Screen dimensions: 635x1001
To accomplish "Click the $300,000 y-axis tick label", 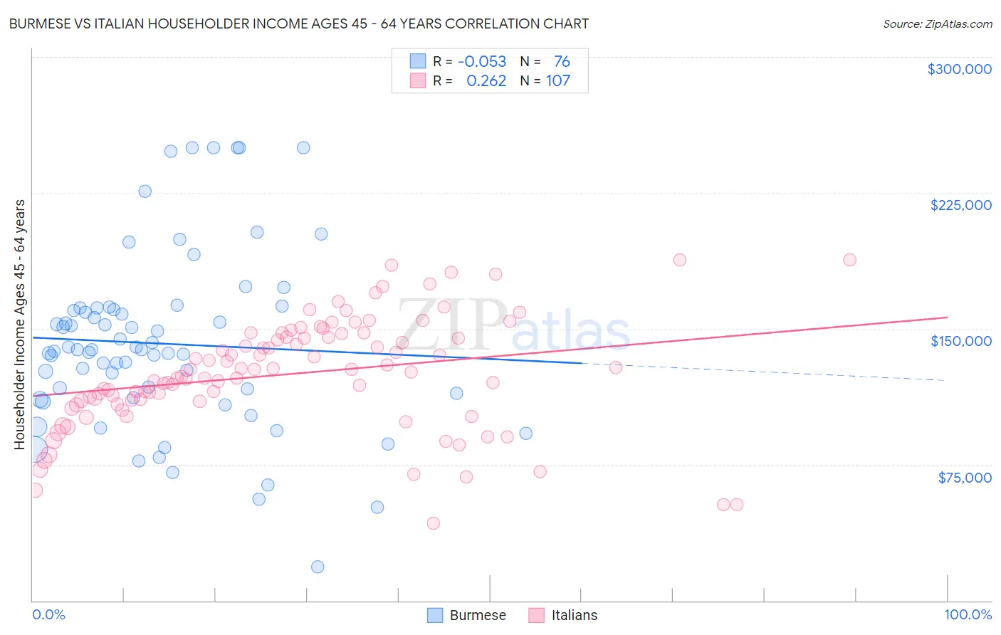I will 959,69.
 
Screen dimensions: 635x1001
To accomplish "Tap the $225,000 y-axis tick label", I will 960,205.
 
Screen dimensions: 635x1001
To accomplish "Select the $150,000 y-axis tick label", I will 960,341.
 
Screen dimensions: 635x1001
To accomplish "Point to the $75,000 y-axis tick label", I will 964,478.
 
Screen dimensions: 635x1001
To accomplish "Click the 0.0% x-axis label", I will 48,615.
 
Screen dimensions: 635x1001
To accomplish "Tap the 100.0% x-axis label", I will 968,615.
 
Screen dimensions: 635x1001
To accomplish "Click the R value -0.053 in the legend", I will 482,62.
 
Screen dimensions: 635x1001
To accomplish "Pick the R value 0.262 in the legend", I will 486,81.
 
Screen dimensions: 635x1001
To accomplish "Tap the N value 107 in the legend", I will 558,81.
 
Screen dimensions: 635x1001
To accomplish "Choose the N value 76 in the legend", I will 562,62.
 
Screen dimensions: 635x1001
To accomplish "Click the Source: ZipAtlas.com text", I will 937,24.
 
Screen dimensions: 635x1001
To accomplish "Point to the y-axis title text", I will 19,324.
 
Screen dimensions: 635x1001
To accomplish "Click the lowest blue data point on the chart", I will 318,567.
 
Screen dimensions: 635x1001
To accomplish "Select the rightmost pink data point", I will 849,260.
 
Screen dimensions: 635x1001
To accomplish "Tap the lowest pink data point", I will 433,523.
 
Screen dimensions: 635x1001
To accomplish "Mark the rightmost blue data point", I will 525,434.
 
